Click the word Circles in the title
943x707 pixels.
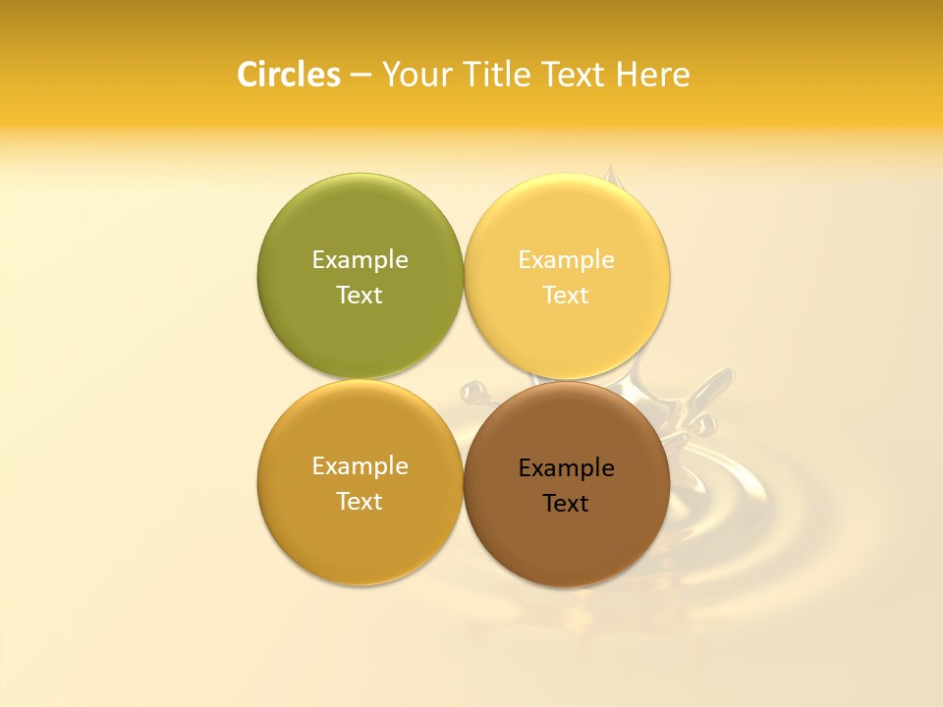click(x=289, y=75)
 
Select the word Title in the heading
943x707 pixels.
click(x=498, y=75)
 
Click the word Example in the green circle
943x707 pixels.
click(x=360, y=260)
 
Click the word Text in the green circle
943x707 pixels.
click(x=360, y=296)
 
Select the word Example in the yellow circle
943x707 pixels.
click(x=566, y=260)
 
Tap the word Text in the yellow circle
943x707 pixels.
click(x=566, y=296)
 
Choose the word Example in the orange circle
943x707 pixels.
click(x=360, y=466)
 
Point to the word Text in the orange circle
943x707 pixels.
click(x=360, y=502)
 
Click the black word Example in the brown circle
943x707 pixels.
click(x=566, y=468)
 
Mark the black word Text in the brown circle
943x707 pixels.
click(x=566, y=504)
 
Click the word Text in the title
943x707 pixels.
click(x=574, y=75)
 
